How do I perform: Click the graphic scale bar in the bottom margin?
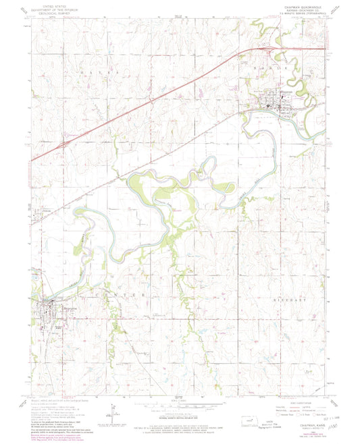coord(179,406)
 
